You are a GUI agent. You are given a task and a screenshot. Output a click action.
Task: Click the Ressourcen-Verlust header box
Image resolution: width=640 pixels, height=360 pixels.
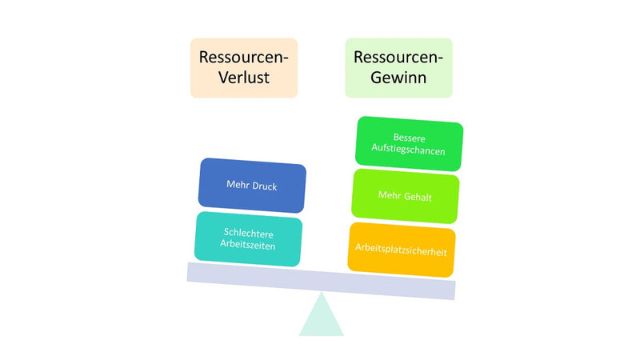coord(243,67)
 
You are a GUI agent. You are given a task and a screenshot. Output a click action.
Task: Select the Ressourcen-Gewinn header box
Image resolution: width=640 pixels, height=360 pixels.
coord(398,67)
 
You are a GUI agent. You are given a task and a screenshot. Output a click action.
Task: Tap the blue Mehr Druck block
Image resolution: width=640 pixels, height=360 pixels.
coord(251,186)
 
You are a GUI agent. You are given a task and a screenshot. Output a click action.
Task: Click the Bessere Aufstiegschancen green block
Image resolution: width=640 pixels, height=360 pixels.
coord(409,144)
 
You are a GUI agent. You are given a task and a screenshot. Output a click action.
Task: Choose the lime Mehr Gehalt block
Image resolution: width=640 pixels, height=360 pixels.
coord(405,196)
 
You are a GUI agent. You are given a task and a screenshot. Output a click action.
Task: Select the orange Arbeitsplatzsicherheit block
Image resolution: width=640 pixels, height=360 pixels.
coord(402,251)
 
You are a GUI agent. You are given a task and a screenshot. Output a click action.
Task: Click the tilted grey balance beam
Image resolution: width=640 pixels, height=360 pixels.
coord(321,280)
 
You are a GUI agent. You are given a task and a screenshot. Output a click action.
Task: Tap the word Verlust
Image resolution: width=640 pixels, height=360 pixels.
coord(243,78)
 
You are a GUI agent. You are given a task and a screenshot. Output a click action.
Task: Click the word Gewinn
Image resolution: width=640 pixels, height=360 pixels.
coord(398,78)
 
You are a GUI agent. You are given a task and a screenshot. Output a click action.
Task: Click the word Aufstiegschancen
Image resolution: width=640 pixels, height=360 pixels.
coord(409,150)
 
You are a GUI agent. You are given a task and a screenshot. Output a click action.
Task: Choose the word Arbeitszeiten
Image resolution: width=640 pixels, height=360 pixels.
coord(248,246)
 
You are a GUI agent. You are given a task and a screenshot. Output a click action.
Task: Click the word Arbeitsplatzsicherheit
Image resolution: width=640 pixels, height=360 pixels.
coord(402,251)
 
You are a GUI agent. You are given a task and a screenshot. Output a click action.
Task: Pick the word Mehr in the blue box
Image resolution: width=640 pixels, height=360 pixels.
coord(237,186)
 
